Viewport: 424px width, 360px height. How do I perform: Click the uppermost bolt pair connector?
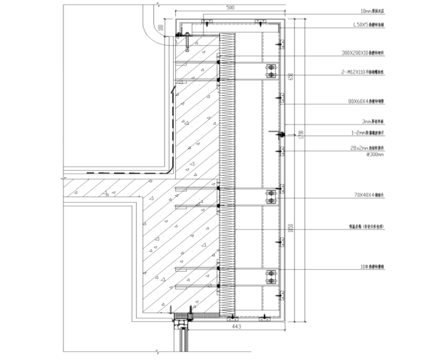click(271, 70)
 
